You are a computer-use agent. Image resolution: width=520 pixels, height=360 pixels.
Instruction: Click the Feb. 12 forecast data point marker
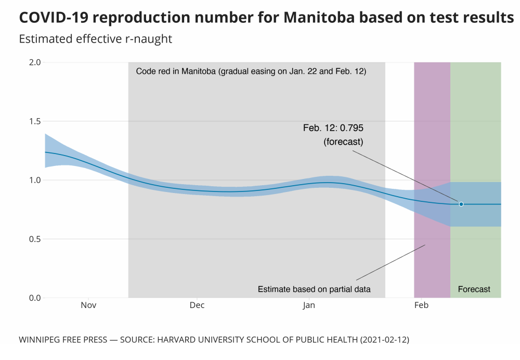point(461,204)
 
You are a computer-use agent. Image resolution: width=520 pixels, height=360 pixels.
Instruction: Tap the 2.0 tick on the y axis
point(35,62)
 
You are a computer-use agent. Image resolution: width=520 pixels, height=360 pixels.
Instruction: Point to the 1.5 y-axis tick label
point(35,121)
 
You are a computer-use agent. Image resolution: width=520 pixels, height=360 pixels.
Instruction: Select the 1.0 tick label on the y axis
point(35,181)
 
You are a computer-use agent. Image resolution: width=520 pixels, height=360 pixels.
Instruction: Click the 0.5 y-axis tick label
point(35,239)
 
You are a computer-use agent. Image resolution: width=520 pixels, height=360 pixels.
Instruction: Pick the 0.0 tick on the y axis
point(35,298)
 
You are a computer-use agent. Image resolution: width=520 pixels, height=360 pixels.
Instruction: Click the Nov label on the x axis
point(88,305)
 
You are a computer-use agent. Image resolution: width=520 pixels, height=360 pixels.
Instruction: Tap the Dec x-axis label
point(197,305)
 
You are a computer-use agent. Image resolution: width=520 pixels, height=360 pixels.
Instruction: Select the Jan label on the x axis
point(309,305)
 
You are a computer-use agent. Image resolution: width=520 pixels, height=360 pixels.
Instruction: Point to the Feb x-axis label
point(421,305)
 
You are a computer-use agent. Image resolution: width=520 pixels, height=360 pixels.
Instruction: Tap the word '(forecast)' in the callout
point(343,141)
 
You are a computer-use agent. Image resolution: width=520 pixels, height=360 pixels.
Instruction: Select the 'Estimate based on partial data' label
point(314,289)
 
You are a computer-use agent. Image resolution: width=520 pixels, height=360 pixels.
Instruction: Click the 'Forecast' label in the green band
point(474,289)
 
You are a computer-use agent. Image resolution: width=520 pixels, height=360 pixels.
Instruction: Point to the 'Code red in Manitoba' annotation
point(251,72)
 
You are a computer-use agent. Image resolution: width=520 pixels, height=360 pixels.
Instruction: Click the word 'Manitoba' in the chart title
point(319,18)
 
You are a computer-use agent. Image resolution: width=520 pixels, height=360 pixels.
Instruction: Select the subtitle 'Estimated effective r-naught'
point(95,39)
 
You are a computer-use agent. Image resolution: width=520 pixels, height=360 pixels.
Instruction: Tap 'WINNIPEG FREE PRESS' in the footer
point(62,340)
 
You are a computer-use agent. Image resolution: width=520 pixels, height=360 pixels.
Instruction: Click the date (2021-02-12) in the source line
point(383,340)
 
